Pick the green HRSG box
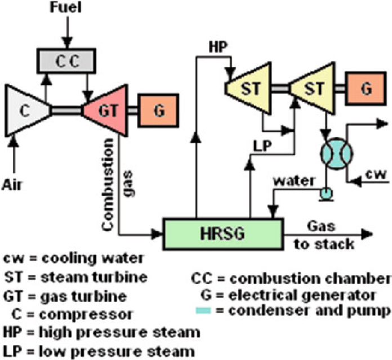tap(223, 233)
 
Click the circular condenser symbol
tap(337, 151)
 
